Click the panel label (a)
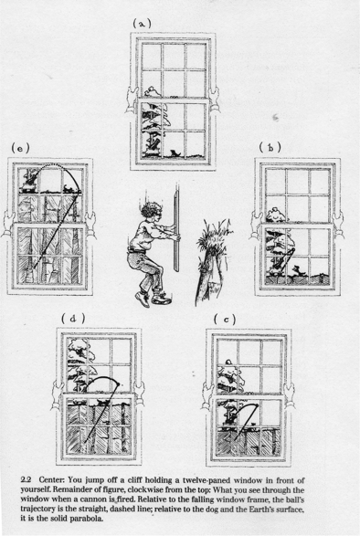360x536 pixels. [142, 23]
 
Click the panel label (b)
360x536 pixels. [270, 147]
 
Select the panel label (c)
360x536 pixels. [225, 320]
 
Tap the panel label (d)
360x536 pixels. [73, 319]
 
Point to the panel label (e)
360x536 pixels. [20, 148]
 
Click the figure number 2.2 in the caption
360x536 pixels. [26, 480]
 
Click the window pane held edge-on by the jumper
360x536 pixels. [176, 233]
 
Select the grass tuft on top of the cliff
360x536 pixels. [213, 236]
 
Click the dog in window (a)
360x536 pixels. [175, 153]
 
